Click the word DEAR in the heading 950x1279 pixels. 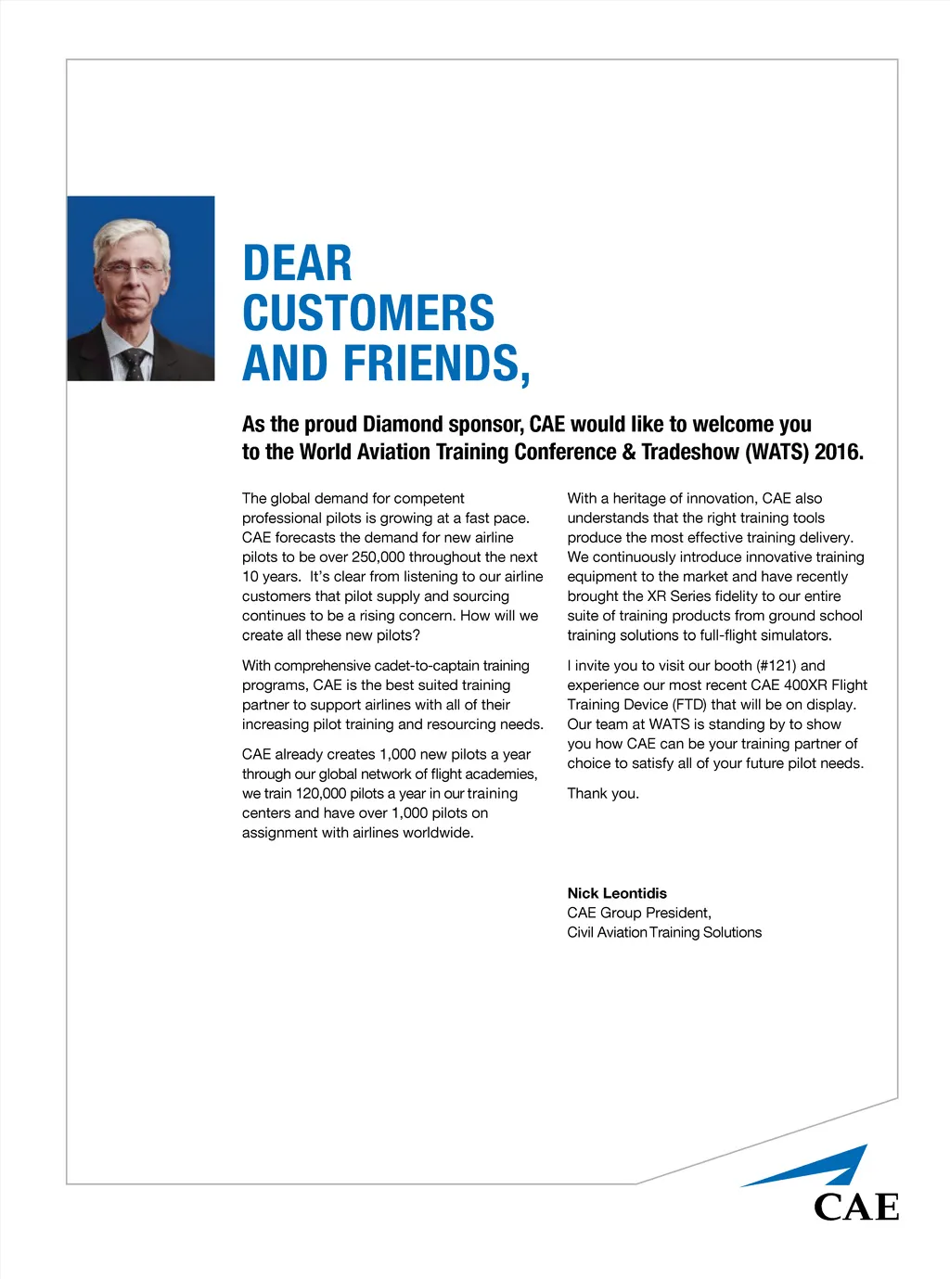coord(297,263)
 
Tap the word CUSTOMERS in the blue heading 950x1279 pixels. coord(368,313)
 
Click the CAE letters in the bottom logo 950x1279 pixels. coord(856,1207)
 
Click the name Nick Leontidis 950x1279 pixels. coord(617,893)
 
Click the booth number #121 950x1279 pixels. coord(777,666)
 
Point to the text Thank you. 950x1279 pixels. coord(603,794)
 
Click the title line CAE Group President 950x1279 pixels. coord(639,913)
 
